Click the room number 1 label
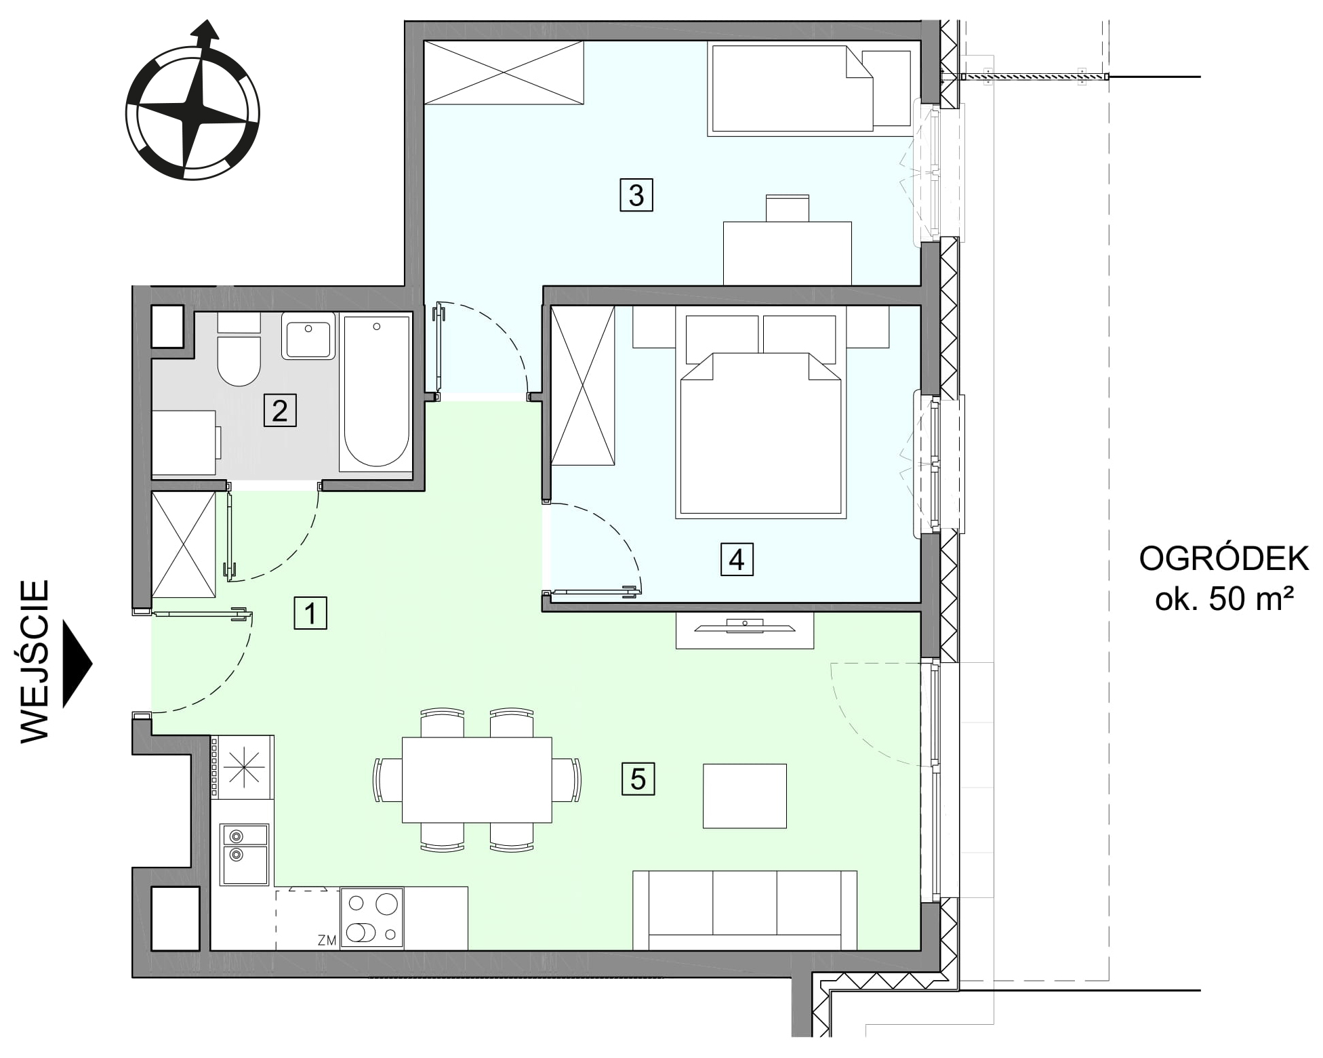(x=310, y=613)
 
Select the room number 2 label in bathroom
(x=280, y=411)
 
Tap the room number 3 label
(x=636, y=195)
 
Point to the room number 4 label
(x=737, y=560)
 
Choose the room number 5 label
(x=638, y=779)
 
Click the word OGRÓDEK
(x=1224, y=559)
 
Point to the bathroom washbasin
(x=308, y=336)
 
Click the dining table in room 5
(x=477, y=780)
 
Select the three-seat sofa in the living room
(x=745, y=910)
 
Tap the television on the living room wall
(x=744, y=626)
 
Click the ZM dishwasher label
(x=327, y=940)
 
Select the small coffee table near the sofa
(x=745, y=796)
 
